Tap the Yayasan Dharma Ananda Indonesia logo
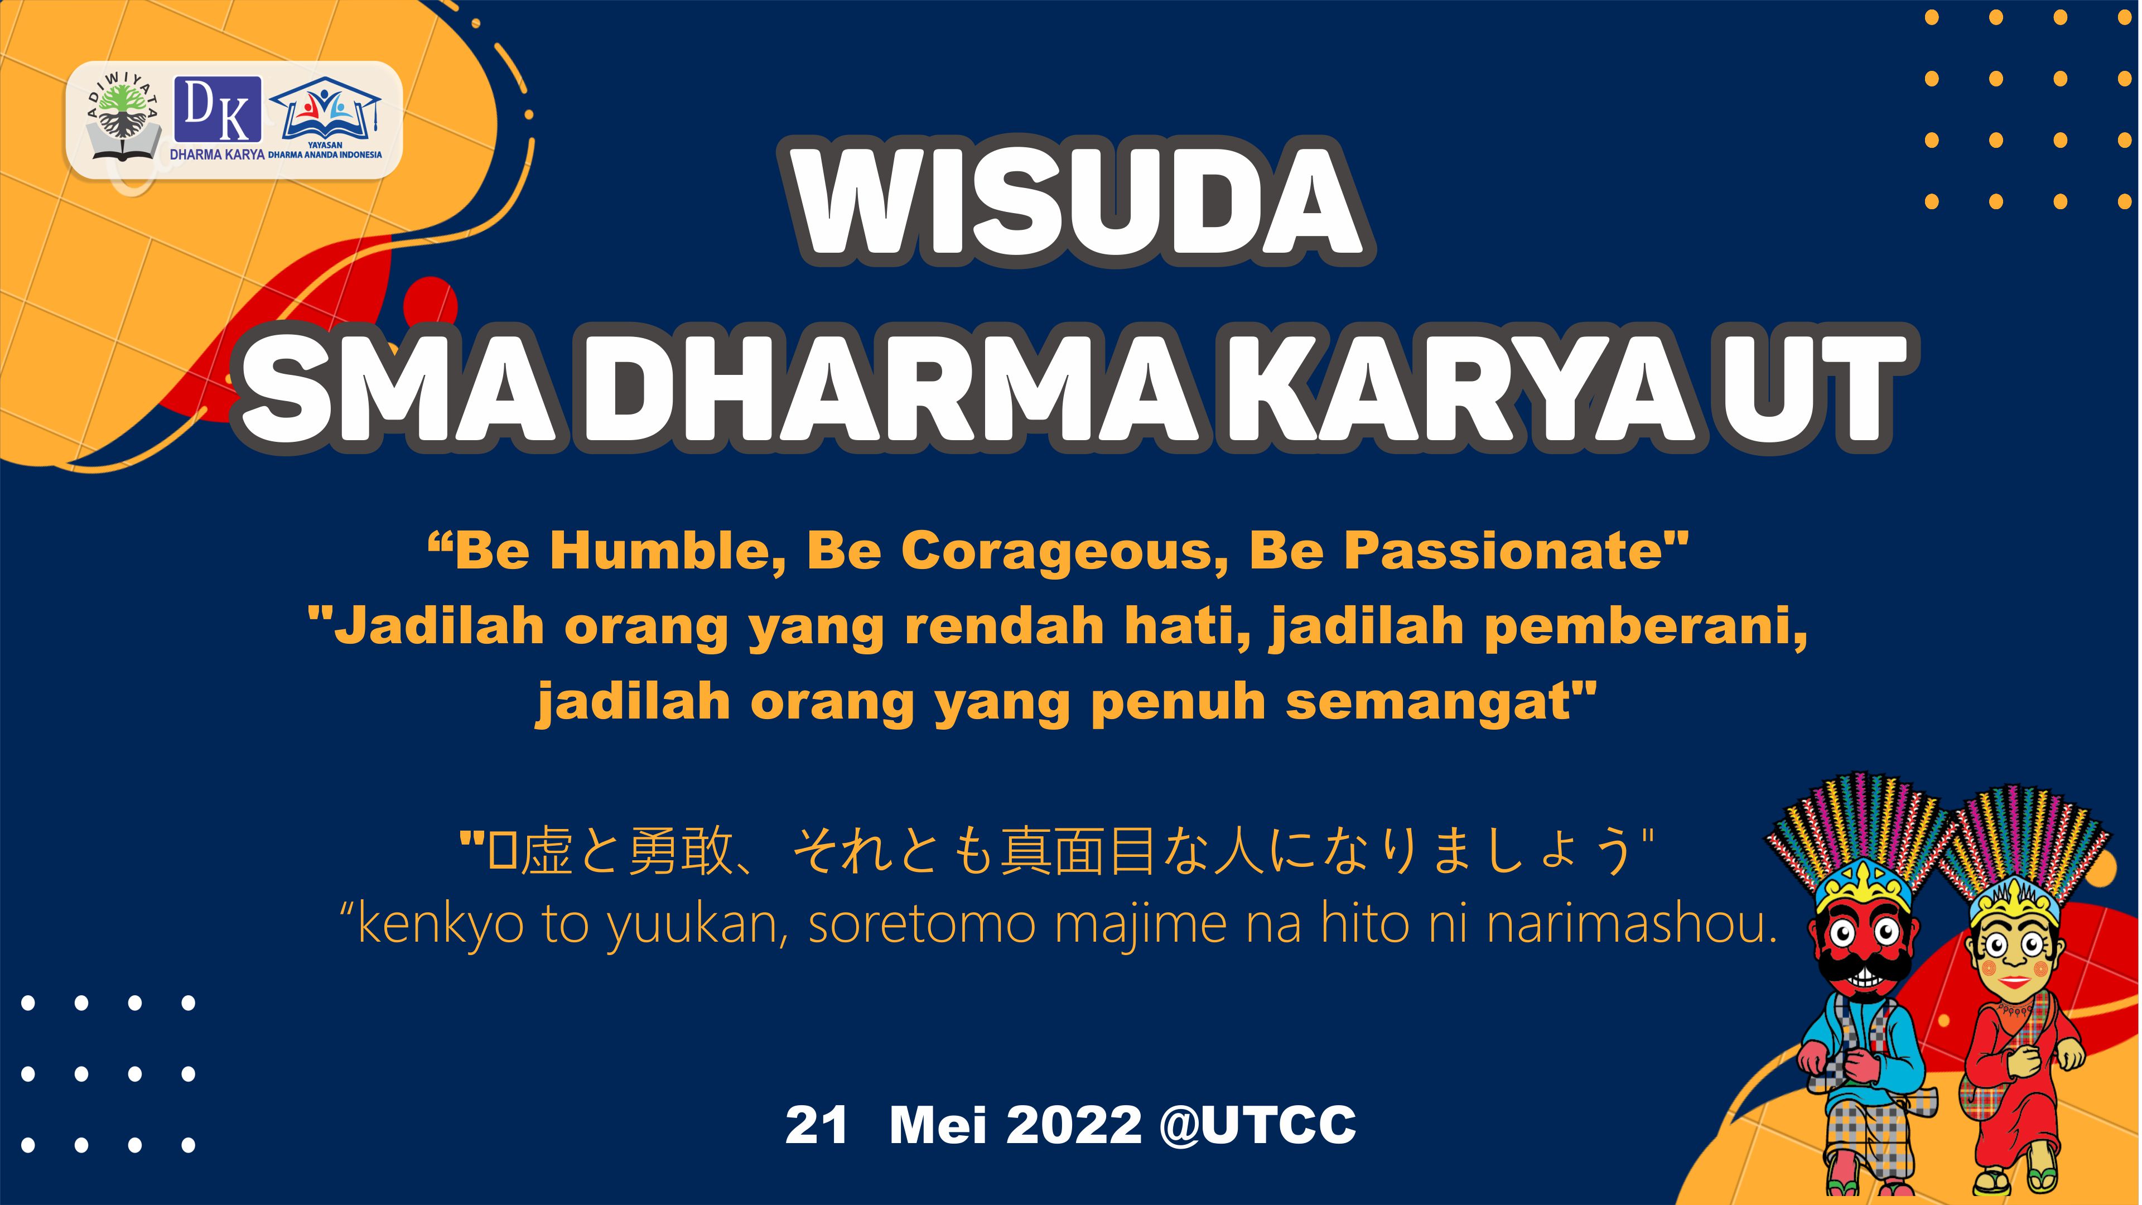click(x=325, y=117)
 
